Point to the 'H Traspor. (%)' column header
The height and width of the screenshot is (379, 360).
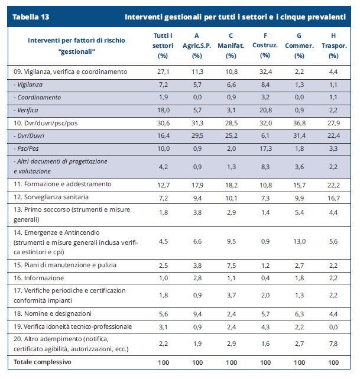[x=334, y=46]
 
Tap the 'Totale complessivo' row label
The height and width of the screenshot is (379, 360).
[x=43, y=361]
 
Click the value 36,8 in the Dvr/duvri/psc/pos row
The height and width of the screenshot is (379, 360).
[x=300, y=123]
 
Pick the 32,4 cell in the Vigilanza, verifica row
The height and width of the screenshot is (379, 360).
[x=265, y=72]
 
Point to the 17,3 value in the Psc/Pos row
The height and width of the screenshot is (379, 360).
[x=265, y=148]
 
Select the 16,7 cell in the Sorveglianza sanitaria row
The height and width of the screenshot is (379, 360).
[x=334, y=197]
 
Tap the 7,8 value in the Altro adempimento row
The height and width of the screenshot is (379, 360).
[x=334, y=344]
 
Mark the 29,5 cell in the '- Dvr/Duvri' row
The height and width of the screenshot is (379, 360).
[x=197, y=135]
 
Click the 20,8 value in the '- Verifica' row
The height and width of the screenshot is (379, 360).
[x=265, y=110]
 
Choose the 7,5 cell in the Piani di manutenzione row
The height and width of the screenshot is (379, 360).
[x=231, y=265]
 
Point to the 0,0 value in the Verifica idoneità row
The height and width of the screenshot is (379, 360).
[x=334, y=326]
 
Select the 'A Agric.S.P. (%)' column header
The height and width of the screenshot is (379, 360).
[x=197, y=46]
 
